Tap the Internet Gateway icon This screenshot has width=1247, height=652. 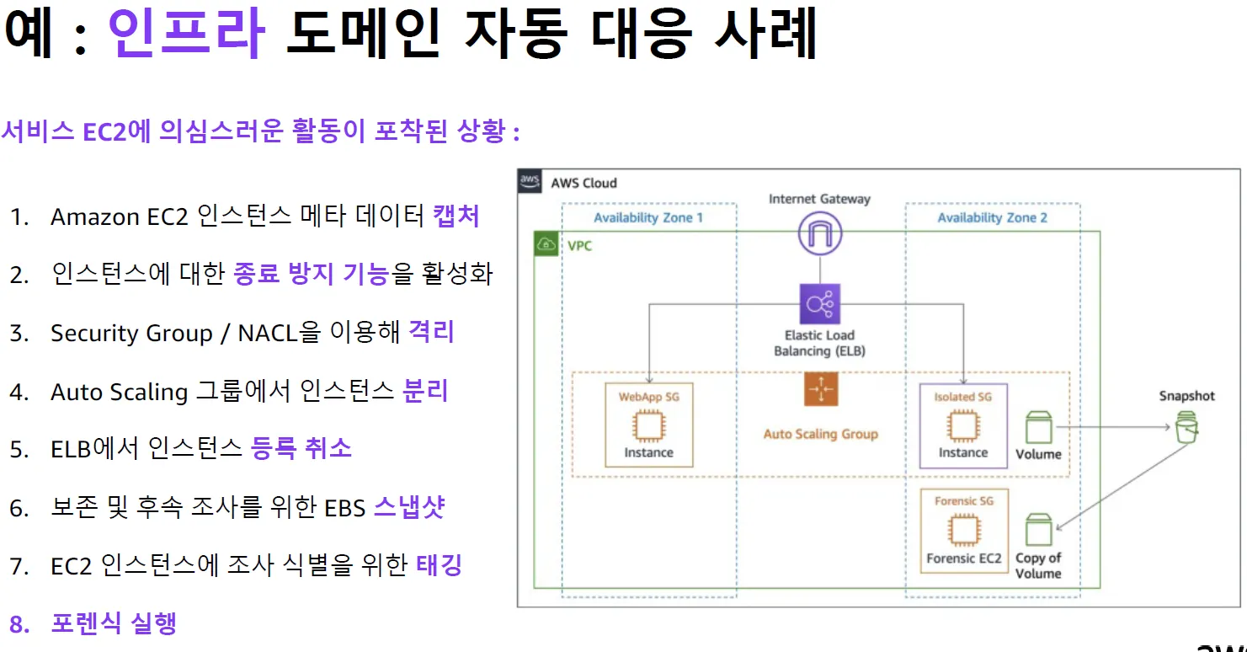click(x=819, y=232)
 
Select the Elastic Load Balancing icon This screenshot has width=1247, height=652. click(x=819, y=303)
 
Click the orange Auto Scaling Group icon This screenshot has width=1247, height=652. click(x=819, y=390)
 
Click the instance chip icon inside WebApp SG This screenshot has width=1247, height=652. click(x=647, y=426)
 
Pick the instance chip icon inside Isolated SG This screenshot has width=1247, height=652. click(x=962, y=426)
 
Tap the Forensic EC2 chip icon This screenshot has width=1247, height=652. click(x=963, y=532)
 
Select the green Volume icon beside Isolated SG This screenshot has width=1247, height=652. click(x=1038, y=428)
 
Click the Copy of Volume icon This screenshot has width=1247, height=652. click(x=1038, y=531)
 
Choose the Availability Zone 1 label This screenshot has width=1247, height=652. click(x=648, y=218)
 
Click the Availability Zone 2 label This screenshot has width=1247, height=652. click(x=993, y=218)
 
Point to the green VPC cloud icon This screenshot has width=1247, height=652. click(x=547, y=245)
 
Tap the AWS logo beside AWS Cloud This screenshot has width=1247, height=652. click(x=530, y=182)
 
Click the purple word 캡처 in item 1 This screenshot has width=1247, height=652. click(x=456, y=216)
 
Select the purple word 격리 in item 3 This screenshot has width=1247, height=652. click(x=431, y=332)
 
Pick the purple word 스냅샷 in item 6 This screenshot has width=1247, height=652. click(x=408, y=507)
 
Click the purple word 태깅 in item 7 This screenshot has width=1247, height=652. click(x=440, y=564)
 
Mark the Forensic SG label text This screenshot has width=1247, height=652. click(x=963, y=501)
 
